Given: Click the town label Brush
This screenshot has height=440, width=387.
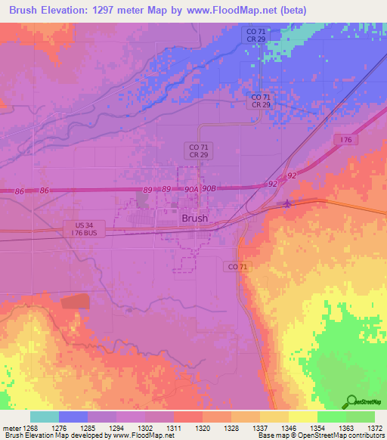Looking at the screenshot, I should [x=194, y=218].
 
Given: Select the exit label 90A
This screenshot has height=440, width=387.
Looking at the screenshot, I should [x=190, y=189].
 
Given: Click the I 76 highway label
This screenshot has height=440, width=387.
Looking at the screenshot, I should [x=347, y=140].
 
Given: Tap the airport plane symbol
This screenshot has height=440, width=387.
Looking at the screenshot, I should [x=286, y=203].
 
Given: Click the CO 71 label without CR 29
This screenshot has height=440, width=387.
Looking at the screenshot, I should [x=237, y=267].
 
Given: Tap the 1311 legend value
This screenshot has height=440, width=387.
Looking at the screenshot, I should [x=174, y=428].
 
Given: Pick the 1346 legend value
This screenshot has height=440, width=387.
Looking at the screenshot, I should [x=288, y=428].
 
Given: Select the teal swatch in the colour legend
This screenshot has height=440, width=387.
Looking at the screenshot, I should [x=45, y=417].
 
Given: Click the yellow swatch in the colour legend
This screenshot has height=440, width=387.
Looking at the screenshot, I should [x=302, y=417].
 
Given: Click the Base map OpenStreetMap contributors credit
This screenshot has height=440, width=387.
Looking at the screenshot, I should [x=320, y=436].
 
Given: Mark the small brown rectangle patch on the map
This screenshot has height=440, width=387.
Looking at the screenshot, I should [x=76, y=302].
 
